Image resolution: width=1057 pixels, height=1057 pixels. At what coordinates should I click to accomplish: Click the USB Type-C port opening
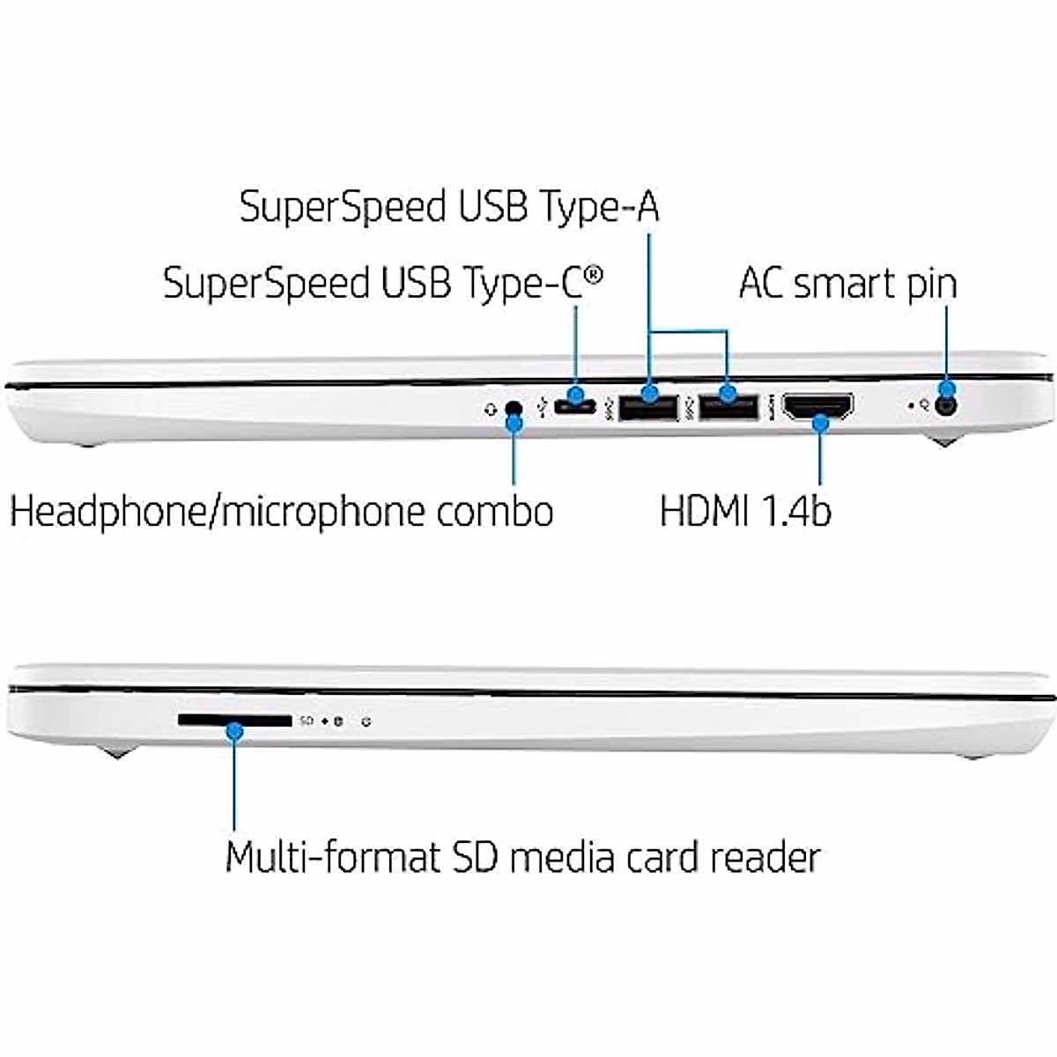[574, 406]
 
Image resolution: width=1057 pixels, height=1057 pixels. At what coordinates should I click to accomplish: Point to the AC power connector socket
[947, 406]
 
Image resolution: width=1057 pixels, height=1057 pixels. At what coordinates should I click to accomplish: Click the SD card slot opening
[234, 721]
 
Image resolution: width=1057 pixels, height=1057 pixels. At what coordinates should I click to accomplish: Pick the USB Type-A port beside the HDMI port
[728, 407]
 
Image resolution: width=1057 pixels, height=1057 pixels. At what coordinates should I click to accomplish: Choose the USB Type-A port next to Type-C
[648, 408]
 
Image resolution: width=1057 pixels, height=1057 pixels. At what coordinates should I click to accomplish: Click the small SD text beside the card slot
[306, 721]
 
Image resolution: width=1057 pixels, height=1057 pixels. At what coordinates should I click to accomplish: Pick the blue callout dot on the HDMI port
[821, 424]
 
